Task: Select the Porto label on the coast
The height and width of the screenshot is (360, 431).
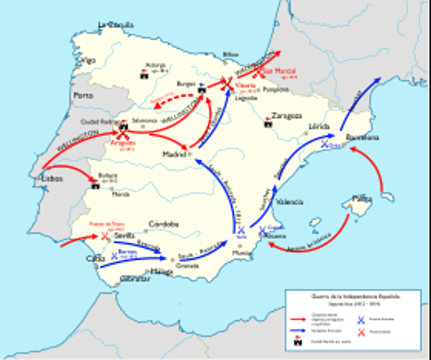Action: coord(82,95)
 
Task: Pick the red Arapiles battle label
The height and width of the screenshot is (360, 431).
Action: coord(122,143)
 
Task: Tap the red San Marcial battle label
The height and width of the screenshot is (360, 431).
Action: coord(280,72)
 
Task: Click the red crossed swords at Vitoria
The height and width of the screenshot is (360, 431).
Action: coord(228,83)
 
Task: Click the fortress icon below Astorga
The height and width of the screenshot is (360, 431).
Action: coord(143,76)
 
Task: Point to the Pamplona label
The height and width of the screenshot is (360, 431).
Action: coord(276,90)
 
